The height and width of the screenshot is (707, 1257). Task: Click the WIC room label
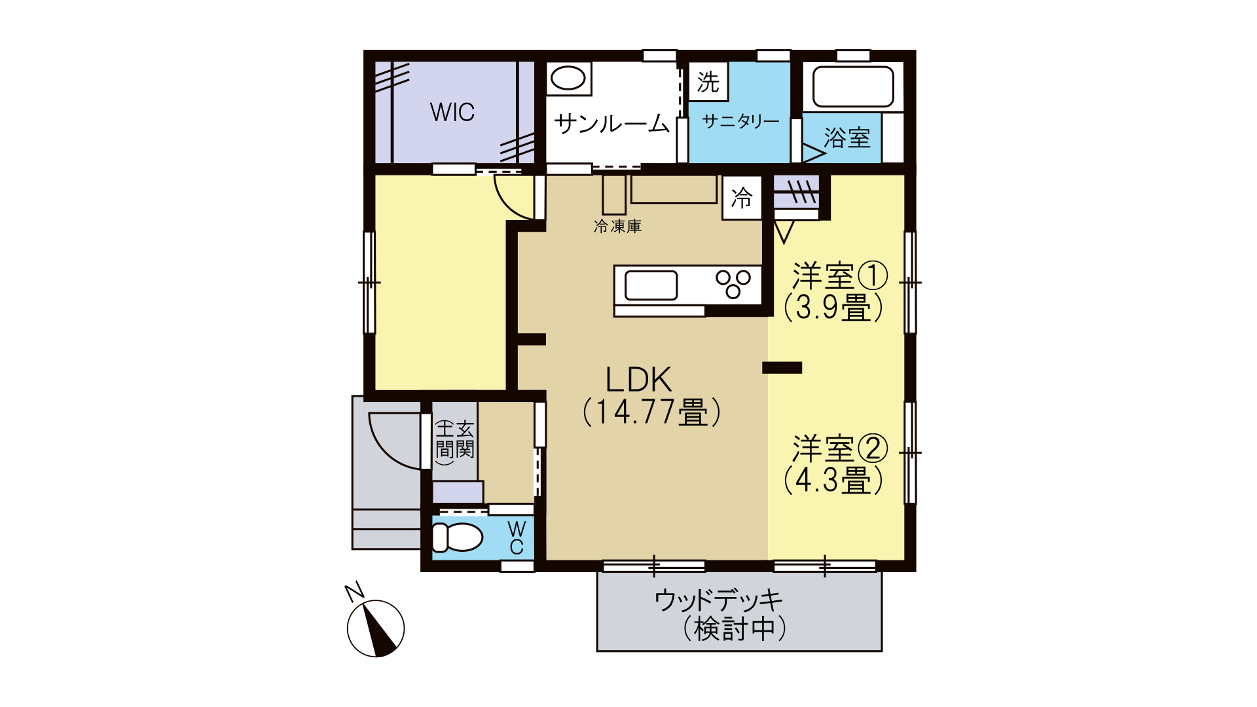(x=452, y=112)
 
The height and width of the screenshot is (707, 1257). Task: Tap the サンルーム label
(x=612, y=123)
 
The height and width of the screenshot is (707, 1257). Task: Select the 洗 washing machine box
(x=708, y=82)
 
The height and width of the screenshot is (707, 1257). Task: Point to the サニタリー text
(x=740, y=121)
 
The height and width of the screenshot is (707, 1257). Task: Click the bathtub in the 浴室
(x=853, y=86)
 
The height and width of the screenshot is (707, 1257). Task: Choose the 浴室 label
(x=847, y=138)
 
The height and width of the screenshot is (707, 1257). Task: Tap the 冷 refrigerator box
(x=742, y=198)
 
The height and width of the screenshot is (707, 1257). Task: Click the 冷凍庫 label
(x=617, y=227)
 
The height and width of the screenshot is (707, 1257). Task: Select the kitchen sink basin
(x=651, y=285)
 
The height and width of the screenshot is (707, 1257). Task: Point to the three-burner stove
(x=733, y=284)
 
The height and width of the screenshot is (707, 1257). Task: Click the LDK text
(x=638, y=380)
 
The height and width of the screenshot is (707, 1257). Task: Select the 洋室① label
(x=840, y=276)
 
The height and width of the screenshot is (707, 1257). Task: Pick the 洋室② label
(x=840, y=449)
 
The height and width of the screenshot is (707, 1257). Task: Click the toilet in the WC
(x=457, y=537)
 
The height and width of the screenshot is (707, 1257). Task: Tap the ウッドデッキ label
(x=718, y=600)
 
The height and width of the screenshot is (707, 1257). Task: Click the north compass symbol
(x=375, y=627)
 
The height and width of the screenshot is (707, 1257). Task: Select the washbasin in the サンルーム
(x=568, y=79)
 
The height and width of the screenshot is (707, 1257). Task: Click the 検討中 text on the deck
(x=734, y=629)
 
